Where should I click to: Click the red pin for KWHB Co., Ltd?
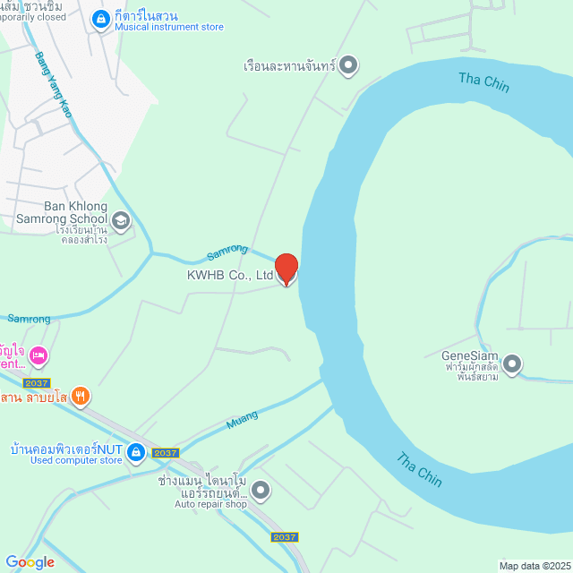pyautogui.click(x=286, y=269)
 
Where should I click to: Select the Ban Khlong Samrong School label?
pyautogui.click(x=63, y=212)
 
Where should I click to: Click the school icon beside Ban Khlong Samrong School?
pyautogui.click(x=120, y=219)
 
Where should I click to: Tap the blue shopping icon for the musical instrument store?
pyautogui.click(x=102, y=15)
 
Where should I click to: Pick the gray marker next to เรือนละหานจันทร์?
pyautogui.click(x=349, y=65)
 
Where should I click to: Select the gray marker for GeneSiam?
pyautogui.click(x=512, y=363)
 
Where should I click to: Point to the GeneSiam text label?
pyautogui.click(x=469, y=355)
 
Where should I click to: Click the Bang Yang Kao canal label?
pyautogui.click(x=53, y=85)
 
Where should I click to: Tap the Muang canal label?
pyautogui.click(x=242, y=417)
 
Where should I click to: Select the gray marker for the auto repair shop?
pyautogui.click(x=260, y=489)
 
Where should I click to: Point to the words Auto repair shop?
pyautogui.click(x=210, y=504)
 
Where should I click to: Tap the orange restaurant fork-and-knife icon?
pyautogui.click(x=81, y=395)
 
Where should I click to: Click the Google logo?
pyautogui.click(x=30, y=561)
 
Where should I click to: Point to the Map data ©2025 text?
pyautogui.click(x=535, y=566)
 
